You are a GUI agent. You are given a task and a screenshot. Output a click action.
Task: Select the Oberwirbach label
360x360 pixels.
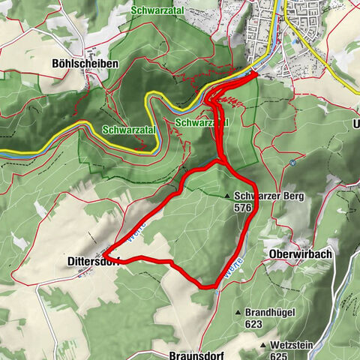(x=299, y=254)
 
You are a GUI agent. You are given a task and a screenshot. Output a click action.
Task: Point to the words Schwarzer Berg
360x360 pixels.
(x=262, y=196)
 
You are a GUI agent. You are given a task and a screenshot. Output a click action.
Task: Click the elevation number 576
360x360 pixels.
(x=242, y=207)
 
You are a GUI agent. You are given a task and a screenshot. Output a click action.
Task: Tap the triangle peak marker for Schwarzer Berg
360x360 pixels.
(x=227, y=196)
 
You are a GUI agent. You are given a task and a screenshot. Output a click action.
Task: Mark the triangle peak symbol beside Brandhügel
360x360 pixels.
(x=238, y=313)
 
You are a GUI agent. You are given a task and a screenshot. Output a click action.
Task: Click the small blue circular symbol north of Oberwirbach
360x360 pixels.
(x=293, y=161)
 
